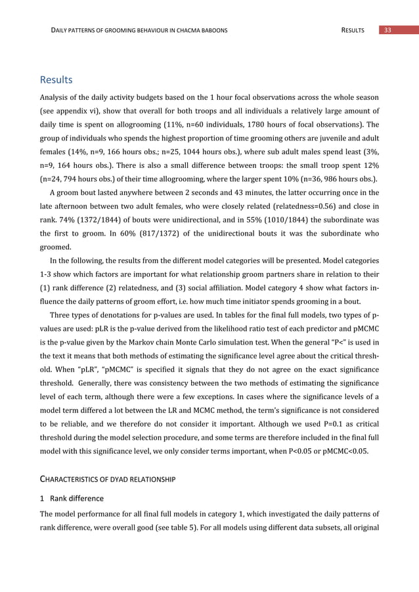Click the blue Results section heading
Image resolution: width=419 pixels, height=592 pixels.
(x=56, y=81)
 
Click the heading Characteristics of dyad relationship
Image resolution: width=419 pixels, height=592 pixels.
(x=108, y=480)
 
